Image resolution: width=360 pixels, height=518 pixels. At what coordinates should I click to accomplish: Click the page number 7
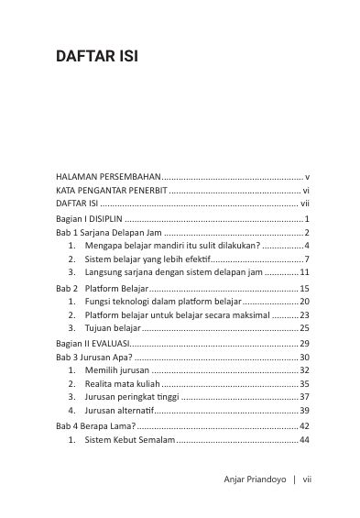(308, 259)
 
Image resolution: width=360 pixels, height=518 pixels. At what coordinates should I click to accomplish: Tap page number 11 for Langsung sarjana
(305, 272)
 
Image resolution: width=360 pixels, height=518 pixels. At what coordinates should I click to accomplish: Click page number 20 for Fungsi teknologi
(305, 302)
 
